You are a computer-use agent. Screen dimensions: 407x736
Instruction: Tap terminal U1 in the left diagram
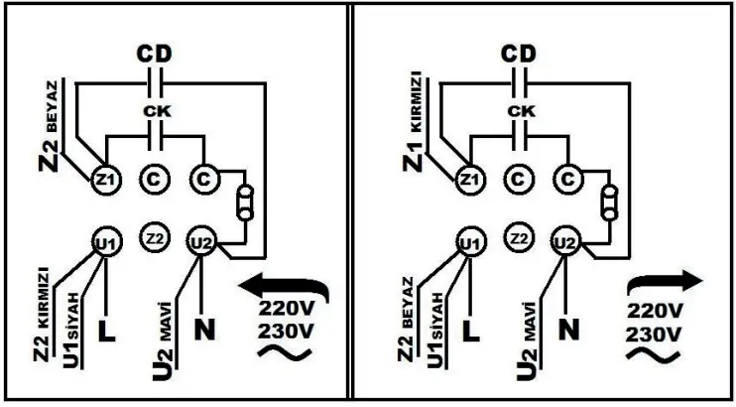click(x=104, y=242)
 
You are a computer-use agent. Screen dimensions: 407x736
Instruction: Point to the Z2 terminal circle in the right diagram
click(x=517, y=239)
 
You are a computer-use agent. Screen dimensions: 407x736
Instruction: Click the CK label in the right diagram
click(x=516, y=111)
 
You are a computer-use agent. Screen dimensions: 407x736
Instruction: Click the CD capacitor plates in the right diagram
click(x=518, y=80)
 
